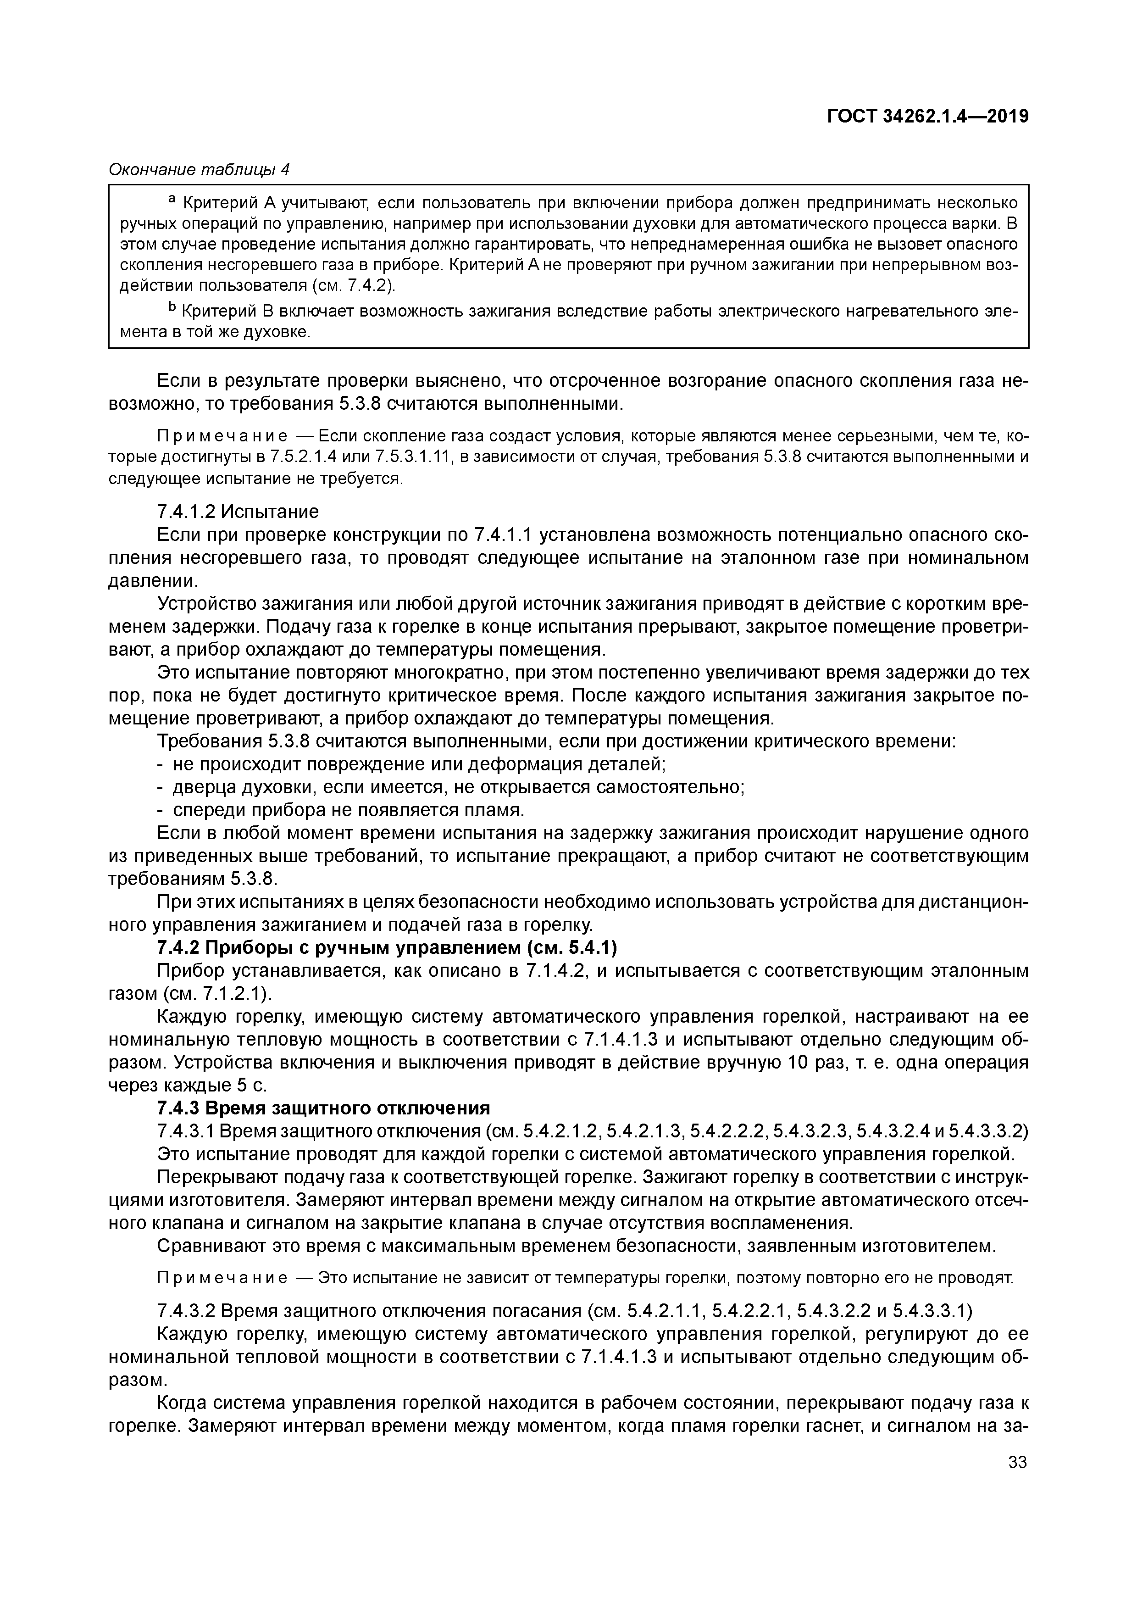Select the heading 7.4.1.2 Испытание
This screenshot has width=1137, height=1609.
(238, 511)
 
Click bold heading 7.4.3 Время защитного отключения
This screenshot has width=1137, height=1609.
(323, 1108)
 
